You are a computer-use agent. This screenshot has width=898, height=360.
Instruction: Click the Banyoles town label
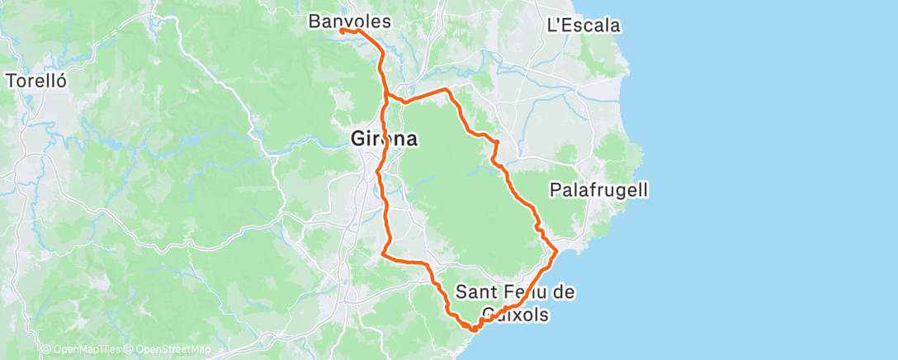349,21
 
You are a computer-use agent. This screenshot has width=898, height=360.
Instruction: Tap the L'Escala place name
584,26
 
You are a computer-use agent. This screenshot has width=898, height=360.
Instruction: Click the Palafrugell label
598,191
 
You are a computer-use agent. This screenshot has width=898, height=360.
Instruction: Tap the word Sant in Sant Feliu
475,291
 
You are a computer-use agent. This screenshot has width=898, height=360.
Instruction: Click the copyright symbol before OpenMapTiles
46,350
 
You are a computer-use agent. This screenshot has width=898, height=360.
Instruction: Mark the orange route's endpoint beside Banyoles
341,31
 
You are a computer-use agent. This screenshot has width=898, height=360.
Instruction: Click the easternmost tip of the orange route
557,249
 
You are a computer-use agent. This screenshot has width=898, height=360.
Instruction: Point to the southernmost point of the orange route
473,330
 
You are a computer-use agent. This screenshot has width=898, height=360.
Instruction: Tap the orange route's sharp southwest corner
382,255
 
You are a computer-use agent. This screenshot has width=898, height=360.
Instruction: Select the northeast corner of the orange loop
446,88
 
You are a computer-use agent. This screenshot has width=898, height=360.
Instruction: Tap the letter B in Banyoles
314,21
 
